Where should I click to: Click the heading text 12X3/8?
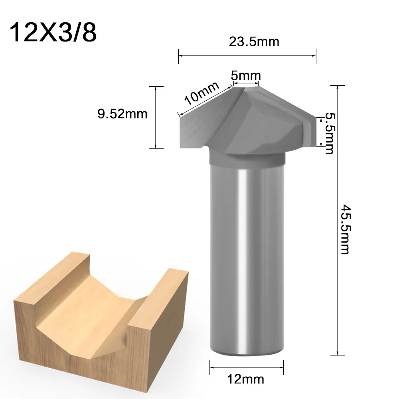pyautogui.click(x=53, y=32)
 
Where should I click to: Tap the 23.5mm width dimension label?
pyautogui.click(x=248, y=41)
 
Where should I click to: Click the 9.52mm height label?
pyautogui.click(x=122, y=114)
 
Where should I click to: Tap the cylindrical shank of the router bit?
pyautogui.click(x=247, y=255)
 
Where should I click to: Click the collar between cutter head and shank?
pyautogui.click(x=247, y=160)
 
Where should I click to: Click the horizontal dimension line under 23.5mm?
pyautogui.click(x=247, y=56)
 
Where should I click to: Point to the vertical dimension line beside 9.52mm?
pyautogui.click(x=156, y=117)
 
